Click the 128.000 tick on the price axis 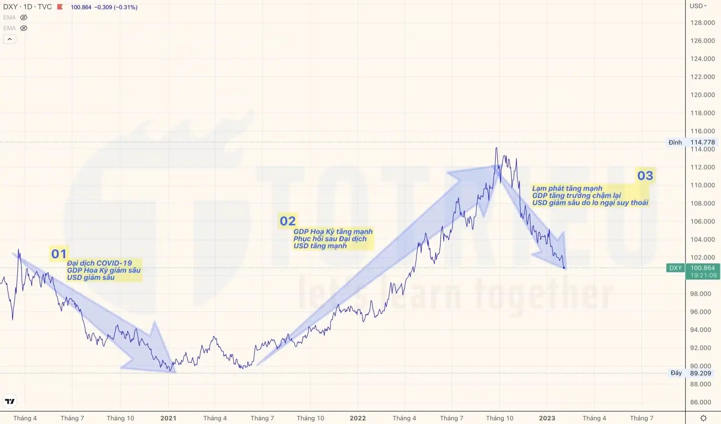[702, 22]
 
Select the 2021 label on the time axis [168, 418]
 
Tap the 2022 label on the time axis [358, 418]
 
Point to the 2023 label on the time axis [547, 418]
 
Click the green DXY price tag [675, 268]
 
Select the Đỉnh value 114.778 [702, 142]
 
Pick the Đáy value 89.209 [700, 373]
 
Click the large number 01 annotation [59, 254]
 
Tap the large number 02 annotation [288, 221]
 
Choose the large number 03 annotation [645, 176]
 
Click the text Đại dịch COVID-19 [99, 263]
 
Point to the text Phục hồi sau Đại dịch [330, 239]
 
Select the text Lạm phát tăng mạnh [567, 188]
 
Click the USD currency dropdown [698, 6]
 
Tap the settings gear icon [703, 418]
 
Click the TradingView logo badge [10, 401]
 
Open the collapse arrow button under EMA [10, 39]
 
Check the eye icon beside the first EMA [24, 17]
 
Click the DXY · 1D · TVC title [27, 7]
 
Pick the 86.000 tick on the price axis [700, 402]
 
